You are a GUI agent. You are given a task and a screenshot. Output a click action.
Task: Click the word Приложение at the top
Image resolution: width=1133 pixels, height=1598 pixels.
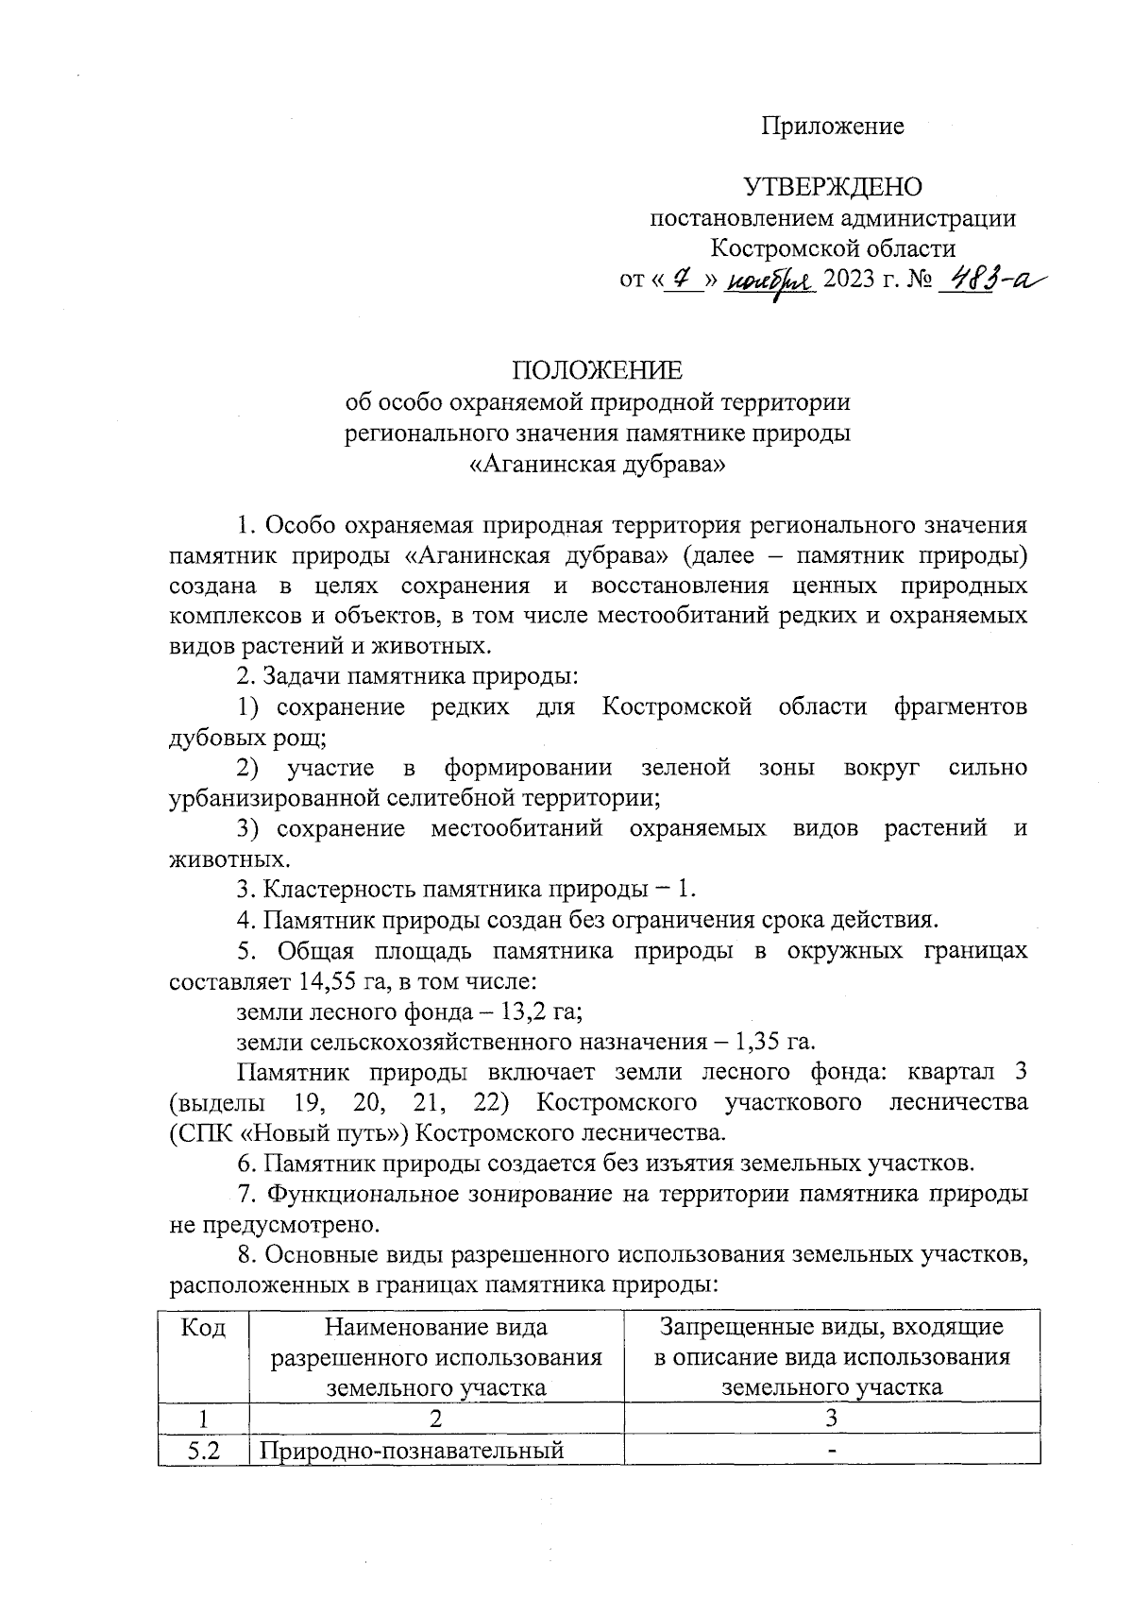pyautogui.click(x=833, y=127)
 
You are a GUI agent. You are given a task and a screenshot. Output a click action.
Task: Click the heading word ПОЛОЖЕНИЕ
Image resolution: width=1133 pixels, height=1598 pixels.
pyautogui.click(x=597, y=369)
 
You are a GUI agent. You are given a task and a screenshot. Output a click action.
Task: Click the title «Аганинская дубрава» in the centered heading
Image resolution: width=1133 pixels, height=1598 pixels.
pyautogui.click(x=597, y=464)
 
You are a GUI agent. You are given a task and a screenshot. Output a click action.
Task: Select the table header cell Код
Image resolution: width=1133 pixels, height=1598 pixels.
pyautogui.click(x=203, y=1328)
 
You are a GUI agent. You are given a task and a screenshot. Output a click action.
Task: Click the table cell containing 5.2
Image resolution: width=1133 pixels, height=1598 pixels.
pyautogui.click(x=203, y=1450)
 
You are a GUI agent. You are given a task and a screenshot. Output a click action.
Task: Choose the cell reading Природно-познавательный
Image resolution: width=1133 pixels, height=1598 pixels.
pyautogui.click(x=412, y=1450)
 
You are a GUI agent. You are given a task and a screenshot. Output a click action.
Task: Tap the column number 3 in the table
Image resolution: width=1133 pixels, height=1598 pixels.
pyautogui.click(x=831, y=1418)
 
